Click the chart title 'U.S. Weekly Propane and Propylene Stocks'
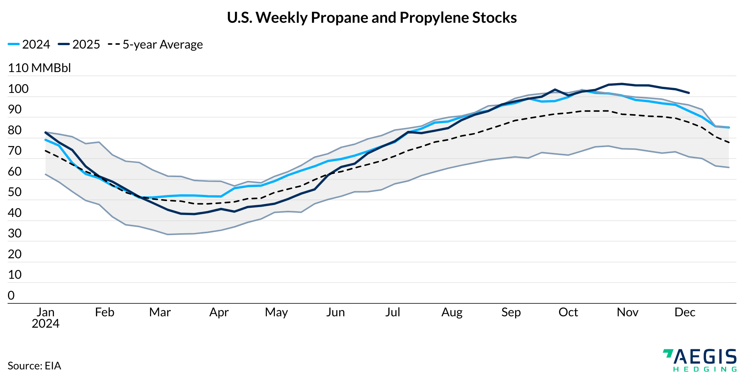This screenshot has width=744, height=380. point(372,18)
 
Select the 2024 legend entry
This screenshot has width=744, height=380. point(29,44)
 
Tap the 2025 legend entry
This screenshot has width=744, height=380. point(79,44)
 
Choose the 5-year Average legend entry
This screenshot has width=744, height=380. point(156,44)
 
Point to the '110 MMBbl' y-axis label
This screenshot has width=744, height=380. point(39,68)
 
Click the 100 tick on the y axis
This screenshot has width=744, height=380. point(18,89)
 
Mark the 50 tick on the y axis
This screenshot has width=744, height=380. point(15,192)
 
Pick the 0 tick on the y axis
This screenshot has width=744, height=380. point(11,295)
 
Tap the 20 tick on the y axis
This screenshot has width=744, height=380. point(15,254)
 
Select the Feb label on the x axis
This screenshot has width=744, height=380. point(104,312)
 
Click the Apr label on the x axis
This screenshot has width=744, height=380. point(219,312)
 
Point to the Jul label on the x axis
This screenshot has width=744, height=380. point(392,312)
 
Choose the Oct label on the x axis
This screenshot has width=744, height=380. point(568,312)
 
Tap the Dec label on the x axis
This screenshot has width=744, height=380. point(685,312)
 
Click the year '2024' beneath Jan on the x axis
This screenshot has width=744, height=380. point(46,323)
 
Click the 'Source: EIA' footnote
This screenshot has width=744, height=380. point(34,366)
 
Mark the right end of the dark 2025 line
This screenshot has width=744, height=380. point(689,93)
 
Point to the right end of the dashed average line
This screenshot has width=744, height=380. point(729,142)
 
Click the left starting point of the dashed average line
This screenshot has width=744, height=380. point(46,151)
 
